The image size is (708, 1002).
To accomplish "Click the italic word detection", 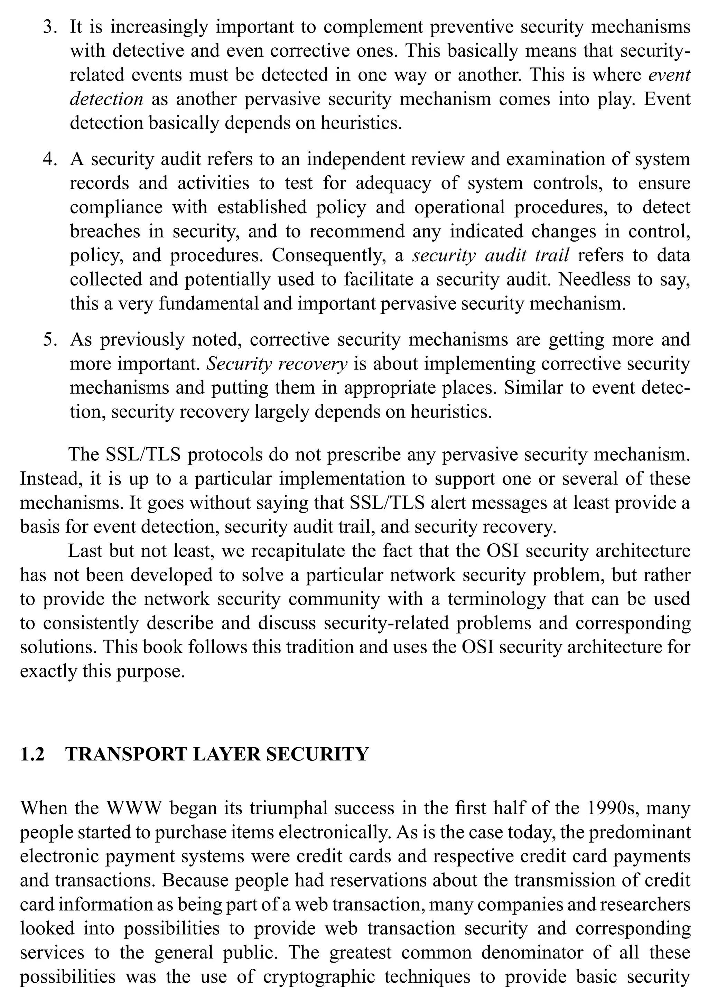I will (x=106, y=100).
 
